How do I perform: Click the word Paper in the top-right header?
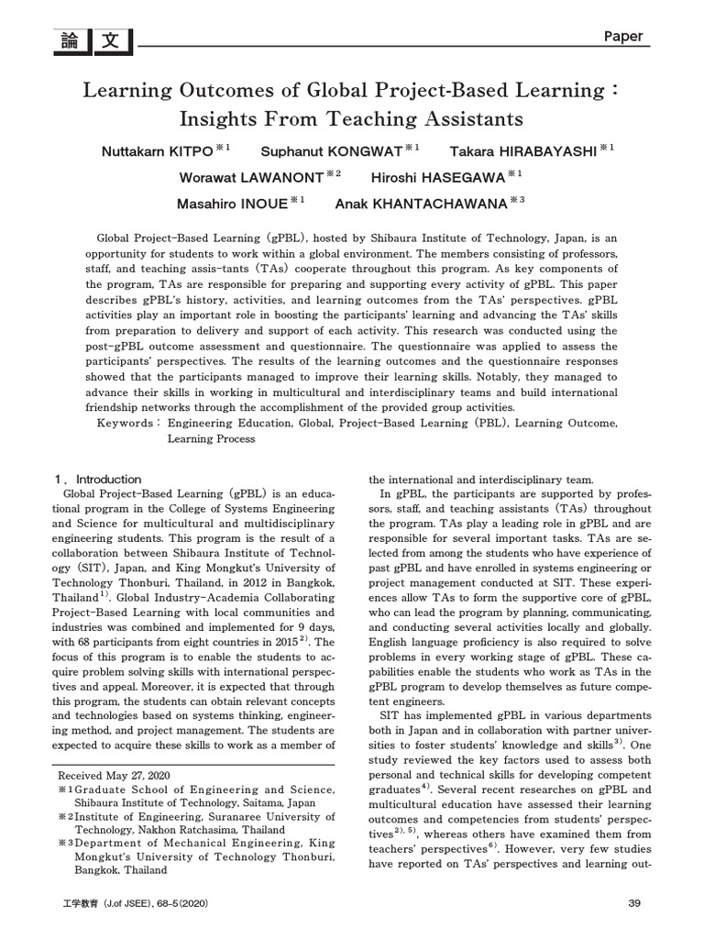623,37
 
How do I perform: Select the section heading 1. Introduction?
99,479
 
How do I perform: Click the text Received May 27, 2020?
115,776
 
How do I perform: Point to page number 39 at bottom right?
634,903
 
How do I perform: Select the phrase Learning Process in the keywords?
211,439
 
